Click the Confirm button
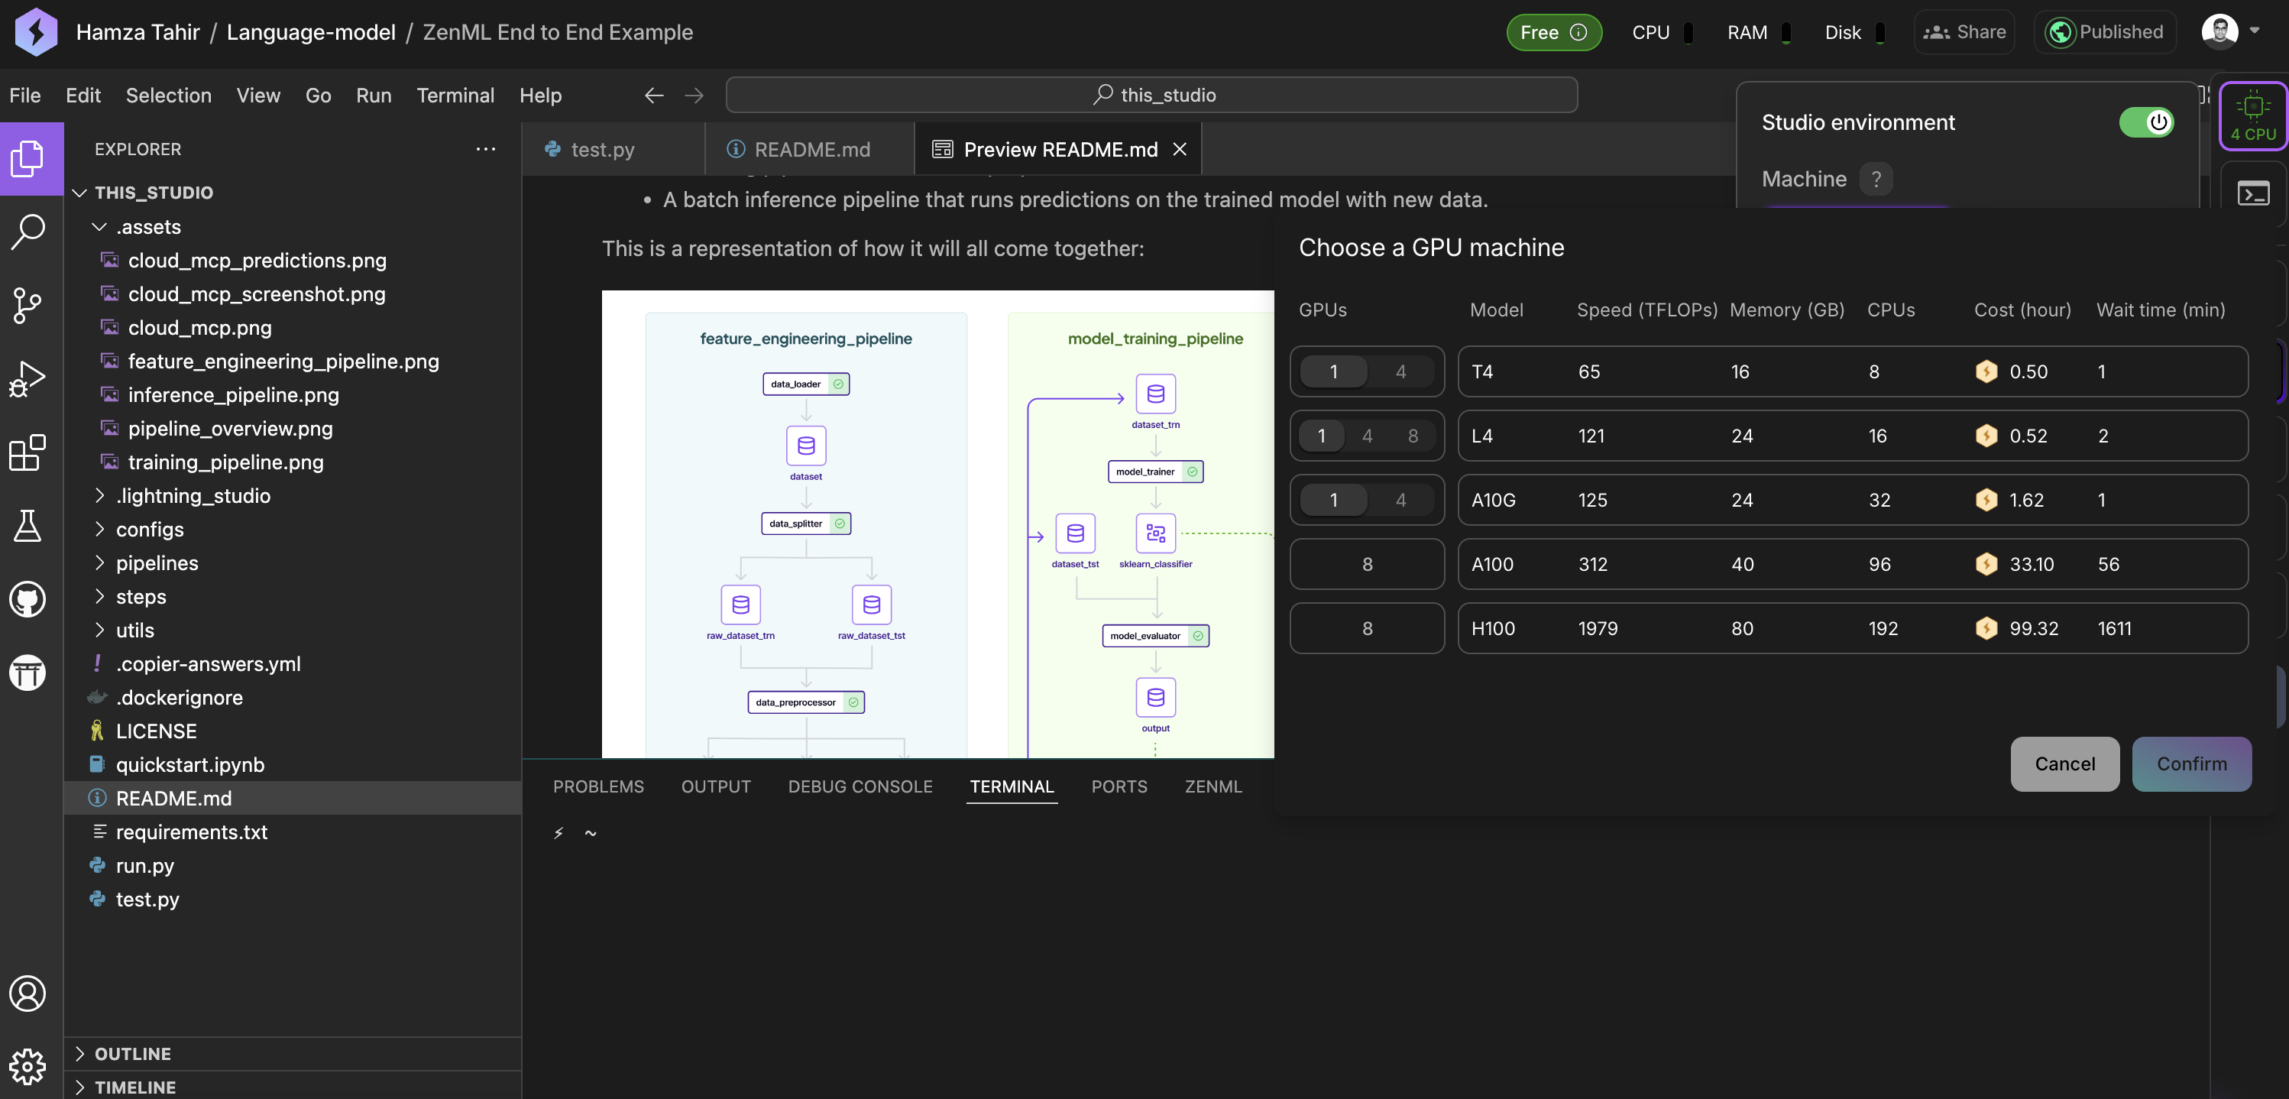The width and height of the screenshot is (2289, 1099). pyautogui.click(x=2191, y=763)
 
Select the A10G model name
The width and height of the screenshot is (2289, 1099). pyautogui.click(x=1493, y=500)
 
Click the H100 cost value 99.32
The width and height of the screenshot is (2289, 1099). pyautogui.click(x=2033, y=629)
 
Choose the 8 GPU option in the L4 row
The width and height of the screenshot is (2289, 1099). pyautogui.click(x=1413, y=436)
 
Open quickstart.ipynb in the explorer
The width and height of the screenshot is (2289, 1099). pyautogui.click(x=189, y=765)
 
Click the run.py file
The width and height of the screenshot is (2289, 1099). pyautogui.click(x=145, y=865)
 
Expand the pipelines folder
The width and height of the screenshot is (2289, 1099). pyautogui.click(x=157, y=562)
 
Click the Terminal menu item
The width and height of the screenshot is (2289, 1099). pyautogui.click(x=455, y=95)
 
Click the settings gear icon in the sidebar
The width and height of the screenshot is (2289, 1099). pyautogui.click(x=28, y=1066)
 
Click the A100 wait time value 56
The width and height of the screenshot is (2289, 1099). pyautogui.click(x=2108, y=565)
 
